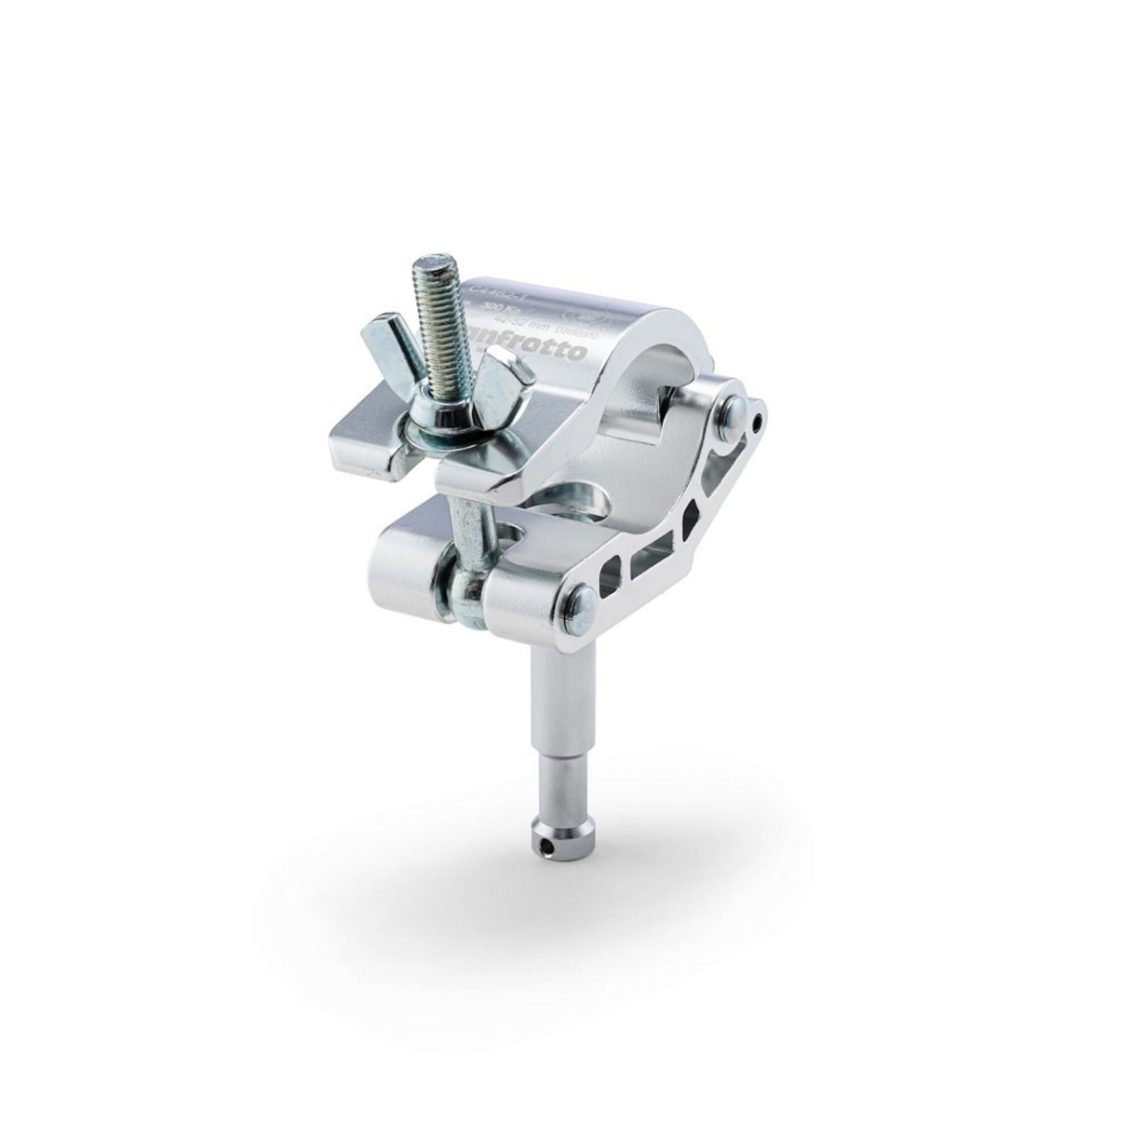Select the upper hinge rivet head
[735, 411]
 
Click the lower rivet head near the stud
[578, 600]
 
